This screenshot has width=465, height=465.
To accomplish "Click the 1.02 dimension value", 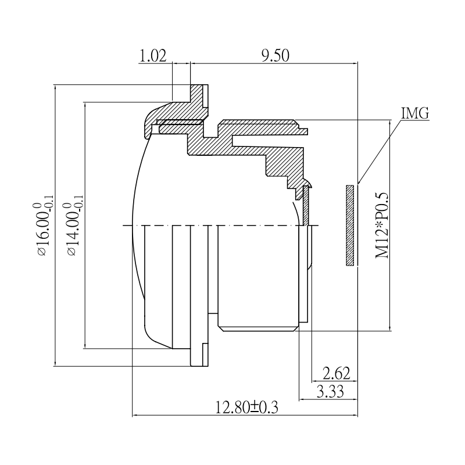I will pos(153,56).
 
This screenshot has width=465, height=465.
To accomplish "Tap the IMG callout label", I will pos(415,113).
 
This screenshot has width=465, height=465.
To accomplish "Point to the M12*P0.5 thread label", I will pos(382,226).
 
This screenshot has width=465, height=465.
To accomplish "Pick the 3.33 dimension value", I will pos(329,392).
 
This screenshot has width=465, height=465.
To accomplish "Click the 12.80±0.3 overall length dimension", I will pos(248,407).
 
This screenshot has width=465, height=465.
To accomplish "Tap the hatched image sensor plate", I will pos(349,226).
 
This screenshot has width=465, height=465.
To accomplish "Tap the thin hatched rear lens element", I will pos(306,203).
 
